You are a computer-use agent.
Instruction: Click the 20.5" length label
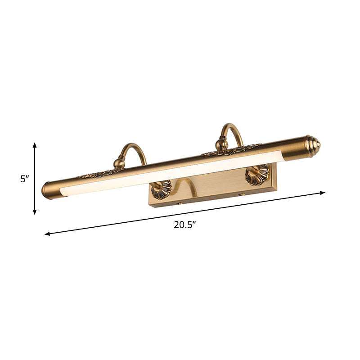[185, 226]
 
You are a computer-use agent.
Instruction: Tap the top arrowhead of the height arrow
[35, 144]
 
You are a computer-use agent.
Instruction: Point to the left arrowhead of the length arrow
[47, 234]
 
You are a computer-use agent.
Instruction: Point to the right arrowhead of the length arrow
[322, 193]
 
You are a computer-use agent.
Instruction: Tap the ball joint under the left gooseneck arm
[119, 162]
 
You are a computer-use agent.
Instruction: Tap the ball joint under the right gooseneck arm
[221, 144]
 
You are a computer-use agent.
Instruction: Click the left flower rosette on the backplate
[161, 189]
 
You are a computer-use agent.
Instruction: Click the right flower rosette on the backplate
[257, 174]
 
